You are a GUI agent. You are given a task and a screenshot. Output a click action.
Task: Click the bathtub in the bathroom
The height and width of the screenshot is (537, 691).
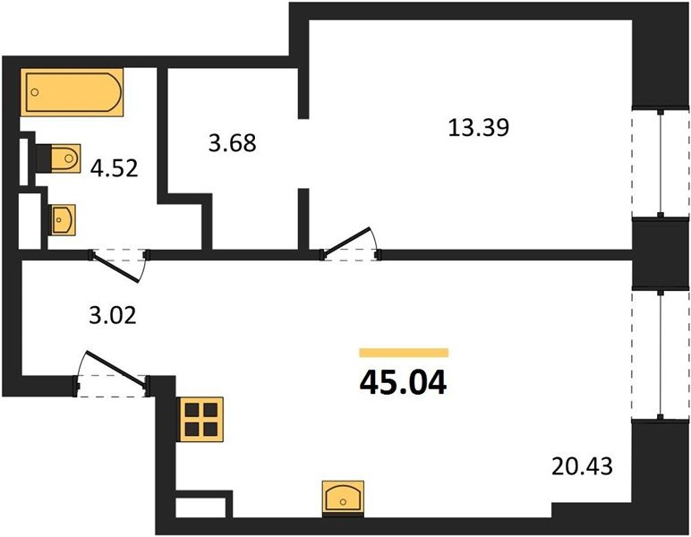(x=72, y=92)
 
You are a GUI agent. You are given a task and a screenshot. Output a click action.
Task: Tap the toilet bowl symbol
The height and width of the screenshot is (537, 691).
(x=65, y=158)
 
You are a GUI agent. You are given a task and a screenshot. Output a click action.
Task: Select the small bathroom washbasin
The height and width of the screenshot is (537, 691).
(x=64, y=219)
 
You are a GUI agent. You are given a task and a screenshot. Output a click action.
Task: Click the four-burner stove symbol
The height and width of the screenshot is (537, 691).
(x=201, y=420)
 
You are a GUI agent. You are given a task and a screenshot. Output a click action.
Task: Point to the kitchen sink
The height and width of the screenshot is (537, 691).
(x=343, y=499)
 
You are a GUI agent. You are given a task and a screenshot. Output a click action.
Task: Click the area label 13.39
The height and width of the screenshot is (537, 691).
(x=479, y=128)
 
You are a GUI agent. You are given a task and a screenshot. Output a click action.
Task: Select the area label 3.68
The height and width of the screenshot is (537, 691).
(x=232, y=143)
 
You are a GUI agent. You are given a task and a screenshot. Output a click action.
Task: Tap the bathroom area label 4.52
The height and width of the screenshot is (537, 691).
(x=115, y=168)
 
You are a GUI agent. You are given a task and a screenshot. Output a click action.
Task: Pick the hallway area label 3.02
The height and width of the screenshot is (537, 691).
(x=113, y=316)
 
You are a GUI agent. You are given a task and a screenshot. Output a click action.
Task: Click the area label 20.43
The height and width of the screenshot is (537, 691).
(x=582, y=466)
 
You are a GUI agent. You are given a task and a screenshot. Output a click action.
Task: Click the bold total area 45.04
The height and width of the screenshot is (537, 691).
(x=403, y=383)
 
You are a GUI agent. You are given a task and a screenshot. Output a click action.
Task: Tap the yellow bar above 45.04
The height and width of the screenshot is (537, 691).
(x=404, y=353)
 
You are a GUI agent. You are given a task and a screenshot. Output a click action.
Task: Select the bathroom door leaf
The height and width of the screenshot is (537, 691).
(x=116, y=268)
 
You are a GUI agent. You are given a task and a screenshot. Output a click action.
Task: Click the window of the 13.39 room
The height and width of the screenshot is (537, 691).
(x=661, y=163)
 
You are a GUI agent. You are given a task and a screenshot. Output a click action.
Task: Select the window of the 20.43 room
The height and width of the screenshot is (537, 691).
(x=661, y=354)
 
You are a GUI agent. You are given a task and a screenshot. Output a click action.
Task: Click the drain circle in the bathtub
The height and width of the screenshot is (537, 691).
(x=35, y=92)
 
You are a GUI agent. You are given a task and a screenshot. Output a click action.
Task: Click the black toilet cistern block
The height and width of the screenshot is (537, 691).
(x=43, y=158)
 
